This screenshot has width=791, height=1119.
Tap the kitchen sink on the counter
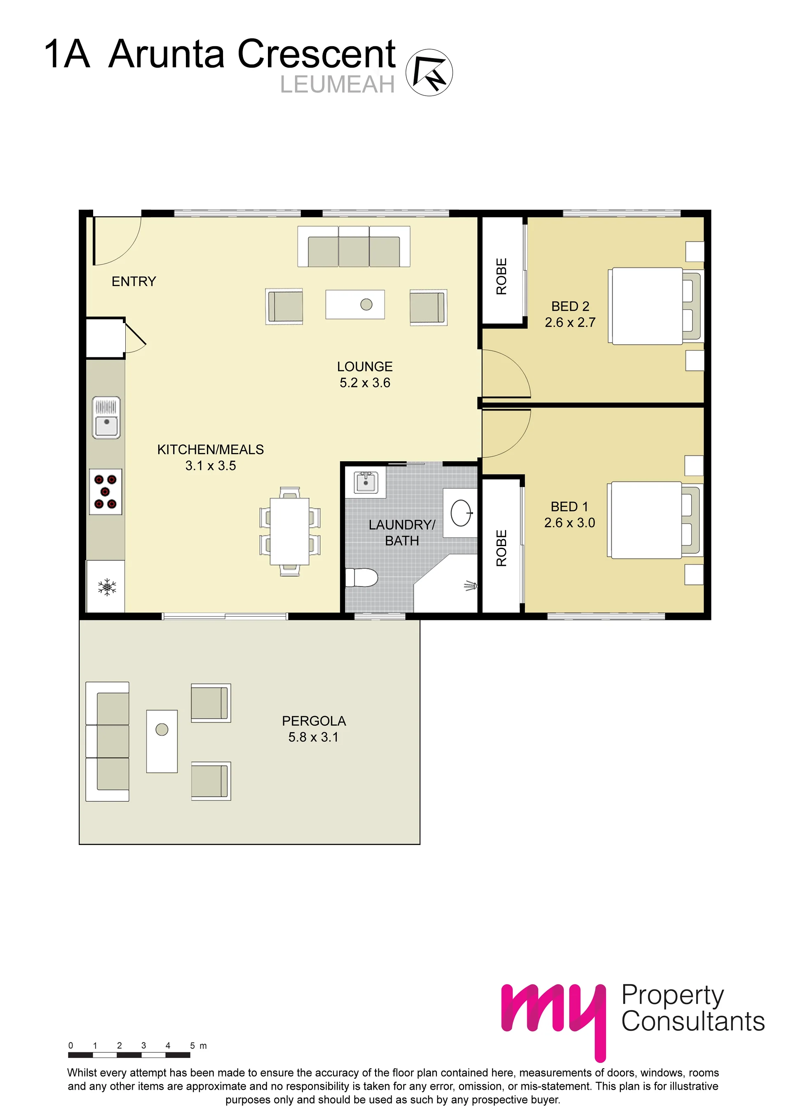[106, 418]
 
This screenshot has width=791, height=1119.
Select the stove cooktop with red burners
[105, 492]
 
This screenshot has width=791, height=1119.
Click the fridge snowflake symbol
[107, 587]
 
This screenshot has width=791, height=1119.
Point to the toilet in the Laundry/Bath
[361, 577]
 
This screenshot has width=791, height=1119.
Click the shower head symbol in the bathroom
[470, 586]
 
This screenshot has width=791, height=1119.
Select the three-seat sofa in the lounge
[354, 246]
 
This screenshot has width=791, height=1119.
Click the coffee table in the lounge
[355, 305]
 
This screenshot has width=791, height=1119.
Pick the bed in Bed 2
[654, 306]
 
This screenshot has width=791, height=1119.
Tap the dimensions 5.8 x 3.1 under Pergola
[313, 737]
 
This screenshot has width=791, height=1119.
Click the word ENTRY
[134, 282]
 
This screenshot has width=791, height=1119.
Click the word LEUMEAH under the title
[337, 84]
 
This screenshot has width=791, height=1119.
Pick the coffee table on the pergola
[162, 741]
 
